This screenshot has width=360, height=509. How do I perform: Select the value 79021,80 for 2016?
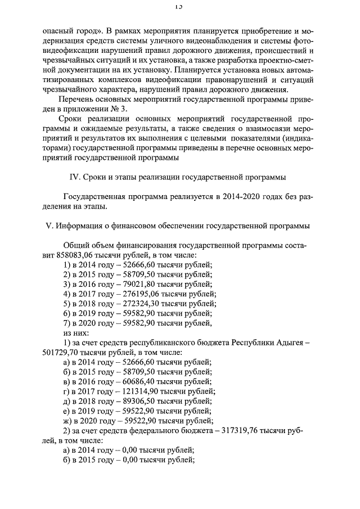click(x=137, y=284)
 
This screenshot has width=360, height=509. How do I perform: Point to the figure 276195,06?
click(x=139, y=294)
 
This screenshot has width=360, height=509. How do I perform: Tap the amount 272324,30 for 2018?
click(x=139, y=303)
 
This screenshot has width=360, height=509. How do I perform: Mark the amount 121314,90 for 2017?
click(x=138, y=391)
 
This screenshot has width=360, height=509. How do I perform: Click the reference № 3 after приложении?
click(x=121, y=109)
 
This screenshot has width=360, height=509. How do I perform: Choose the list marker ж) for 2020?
click(x=69, y=421)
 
